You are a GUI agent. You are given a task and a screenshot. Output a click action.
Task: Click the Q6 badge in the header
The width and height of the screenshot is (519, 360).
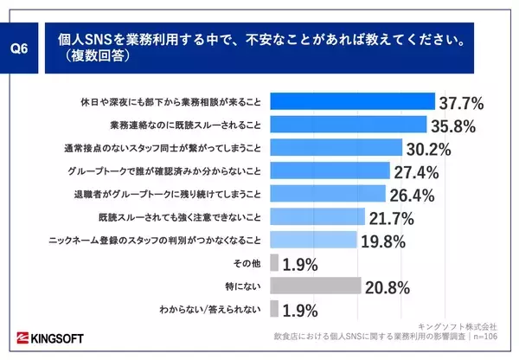(x=19, y=48)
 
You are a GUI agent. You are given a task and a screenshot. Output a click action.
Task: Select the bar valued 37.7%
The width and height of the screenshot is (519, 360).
(x=353, y=102)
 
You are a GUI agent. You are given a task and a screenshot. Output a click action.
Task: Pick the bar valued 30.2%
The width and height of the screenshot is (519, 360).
(x=336, y=147)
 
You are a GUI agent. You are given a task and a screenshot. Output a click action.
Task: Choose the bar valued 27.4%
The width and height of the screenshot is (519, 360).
(x=330, y=170)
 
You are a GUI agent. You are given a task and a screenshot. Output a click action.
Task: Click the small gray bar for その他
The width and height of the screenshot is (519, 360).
(x=274, y=261)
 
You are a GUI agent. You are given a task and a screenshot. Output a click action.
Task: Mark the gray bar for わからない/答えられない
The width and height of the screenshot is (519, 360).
(x=274, y=308)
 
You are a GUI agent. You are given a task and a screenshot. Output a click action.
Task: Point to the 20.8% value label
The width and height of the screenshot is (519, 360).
(x=388, y=286)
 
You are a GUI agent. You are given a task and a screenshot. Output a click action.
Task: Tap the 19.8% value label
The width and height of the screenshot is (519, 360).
(x=382, y=241)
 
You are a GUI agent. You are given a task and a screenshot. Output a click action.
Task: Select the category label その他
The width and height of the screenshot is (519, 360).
(x=250, y=262)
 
